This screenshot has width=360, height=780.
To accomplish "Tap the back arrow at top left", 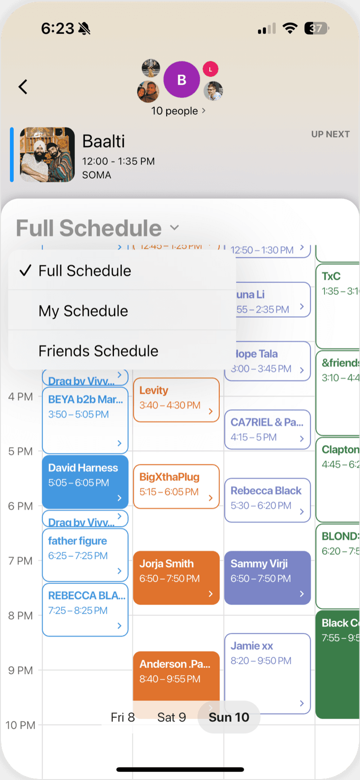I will pyautogui.click(x=23, y=87).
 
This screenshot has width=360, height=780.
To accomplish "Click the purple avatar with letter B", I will pyautogui.click(x=181, y=80).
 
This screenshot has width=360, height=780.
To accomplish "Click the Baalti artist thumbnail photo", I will pyautogui.click(x=47, y=154).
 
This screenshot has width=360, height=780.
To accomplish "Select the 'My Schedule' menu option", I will pyautogui.click(x=83, y=311).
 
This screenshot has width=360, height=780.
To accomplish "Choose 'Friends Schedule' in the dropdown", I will pyautogui.click(x=99, y=351).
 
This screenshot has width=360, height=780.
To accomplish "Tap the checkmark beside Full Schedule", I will pyautogui.click(x=26, y=271).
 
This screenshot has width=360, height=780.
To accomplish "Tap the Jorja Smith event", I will pyautogui.click(x=176, y=577).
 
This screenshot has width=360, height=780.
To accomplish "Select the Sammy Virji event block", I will pyautogui.click(x=267, y=577).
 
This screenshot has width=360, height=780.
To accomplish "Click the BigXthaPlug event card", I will pyautogui.click(x=176, y=486).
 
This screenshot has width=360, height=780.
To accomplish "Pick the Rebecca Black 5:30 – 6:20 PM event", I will pyautogui.click(x=267, y=499).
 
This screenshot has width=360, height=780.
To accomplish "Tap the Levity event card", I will pyautogui.click(x=176, y=399).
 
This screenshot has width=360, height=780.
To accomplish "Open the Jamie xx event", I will pyautogui.click(x=267, y=673).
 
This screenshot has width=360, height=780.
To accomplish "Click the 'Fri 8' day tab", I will pyautogui.click(x=123, y=717).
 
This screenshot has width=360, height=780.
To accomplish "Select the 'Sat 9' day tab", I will pyautogui.click(x=171, y=717).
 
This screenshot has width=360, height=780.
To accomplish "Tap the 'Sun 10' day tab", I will pyautogui.click(x=229, y=717).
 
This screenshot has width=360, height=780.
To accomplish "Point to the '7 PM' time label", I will pyautogui.click(x=20, y=561).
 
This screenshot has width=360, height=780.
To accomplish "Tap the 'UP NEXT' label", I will pyautogui.click(x=330, y=134).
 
